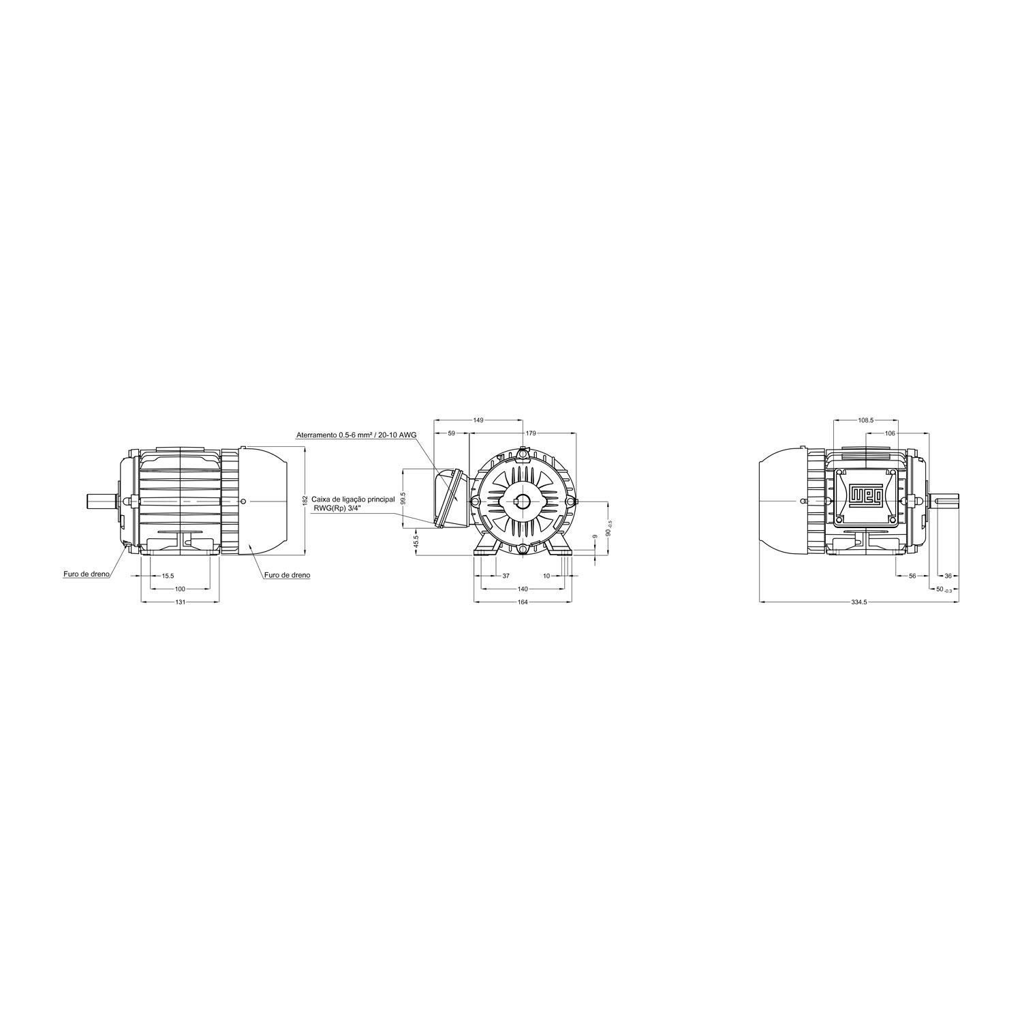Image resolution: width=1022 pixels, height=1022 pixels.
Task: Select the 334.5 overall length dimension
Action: click(858, 602)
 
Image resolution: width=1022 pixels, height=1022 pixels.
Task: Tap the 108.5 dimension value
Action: click(865, 420)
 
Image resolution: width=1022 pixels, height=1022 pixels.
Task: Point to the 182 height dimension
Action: click(305, 500)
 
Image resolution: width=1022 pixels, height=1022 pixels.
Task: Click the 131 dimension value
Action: click(180, 602)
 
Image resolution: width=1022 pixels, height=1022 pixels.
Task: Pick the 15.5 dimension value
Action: click(168, 576)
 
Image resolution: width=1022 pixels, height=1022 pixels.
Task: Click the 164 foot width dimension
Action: click(523, 602)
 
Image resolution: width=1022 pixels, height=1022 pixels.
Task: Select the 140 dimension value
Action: click(523, 589)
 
